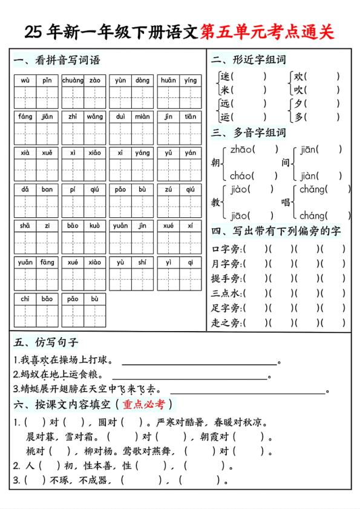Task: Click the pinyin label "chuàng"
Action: pyautogui.click(x=73, y=80)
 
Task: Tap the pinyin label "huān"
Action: pyautogui.click(x=168, y=80)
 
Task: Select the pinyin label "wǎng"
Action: pyautogui.click(x=94, y=117)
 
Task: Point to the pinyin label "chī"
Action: pyautogui.click(x=25, y=299)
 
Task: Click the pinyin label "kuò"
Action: pyautogui.click(x=94, y=226)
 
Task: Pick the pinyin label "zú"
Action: pyautogui.click(x=168, y=189)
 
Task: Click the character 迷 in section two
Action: pyautogui.click(x=225, y=77)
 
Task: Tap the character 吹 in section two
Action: pyautogui.click(x=298, y=90)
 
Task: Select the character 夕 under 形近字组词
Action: pyautogui.click(x=298, y=104)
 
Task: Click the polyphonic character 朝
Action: pyautogui.click(x=215, y=163)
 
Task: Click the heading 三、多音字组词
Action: pyautogui.click(x=248, y=133)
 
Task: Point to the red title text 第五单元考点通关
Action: pyautogui.click(x=267, y=32)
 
